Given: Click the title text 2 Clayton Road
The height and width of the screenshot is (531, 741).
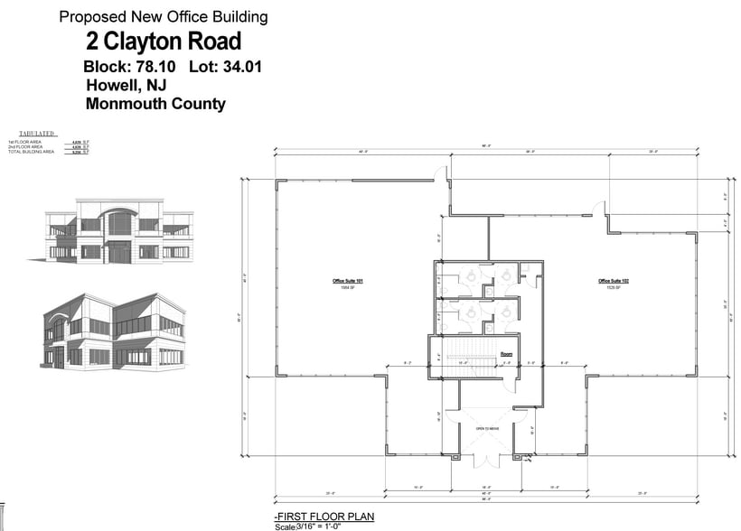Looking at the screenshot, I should click(164, 42).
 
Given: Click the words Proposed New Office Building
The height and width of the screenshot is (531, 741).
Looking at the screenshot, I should click(164, 16).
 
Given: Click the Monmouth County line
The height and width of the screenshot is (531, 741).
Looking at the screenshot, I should click(155, 104).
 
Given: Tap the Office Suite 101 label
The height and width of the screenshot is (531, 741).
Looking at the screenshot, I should click(348, 282).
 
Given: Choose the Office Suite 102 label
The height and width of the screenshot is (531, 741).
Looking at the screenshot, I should click(614, 282).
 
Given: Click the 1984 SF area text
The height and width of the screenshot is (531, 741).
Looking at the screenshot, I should click(348, 289).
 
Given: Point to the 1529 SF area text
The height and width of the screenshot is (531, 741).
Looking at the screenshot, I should click(614, 289).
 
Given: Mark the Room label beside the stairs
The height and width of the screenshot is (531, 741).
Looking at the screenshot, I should click(507, 353).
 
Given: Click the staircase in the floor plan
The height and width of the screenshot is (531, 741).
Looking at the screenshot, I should click(464, 353).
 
